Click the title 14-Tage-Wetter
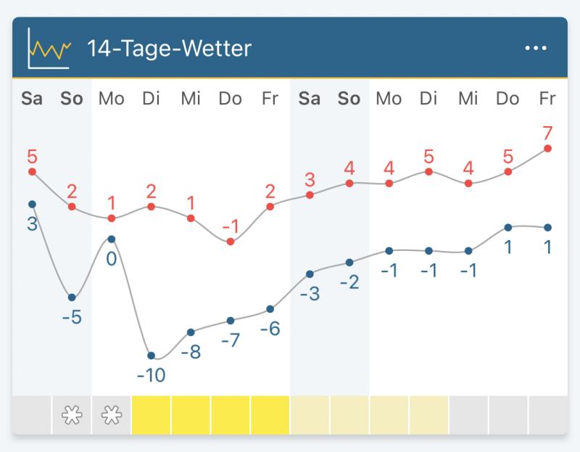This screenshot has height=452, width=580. pyautogui.click(x=169, y=49)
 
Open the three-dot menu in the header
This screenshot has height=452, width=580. pyautogui.click(x=536, y=48)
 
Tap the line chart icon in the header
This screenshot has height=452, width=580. pyautogui.click(x=49, y=49)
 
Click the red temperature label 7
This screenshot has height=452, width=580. pyautogui.click(x=547, y=133)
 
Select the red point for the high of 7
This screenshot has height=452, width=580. pyautogui.click(x=547, y=148)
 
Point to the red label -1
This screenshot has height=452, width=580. pyautogui.click(x=230, y=226)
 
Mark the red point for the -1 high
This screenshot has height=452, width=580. pyautogui.click(x=231, y=241)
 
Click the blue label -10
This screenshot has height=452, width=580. pyautogui.click(x=151, y=375)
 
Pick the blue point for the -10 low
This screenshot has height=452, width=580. pyautogui.click(x=151, y=356)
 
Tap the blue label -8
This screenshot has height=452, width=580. pyautogui.click(x=191, y=352)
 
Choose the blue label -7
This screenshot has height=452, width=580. pyautogui.click(x=230, y=340)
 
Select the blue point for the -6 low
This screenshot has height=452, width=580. pyautogui.click(x=270, y=309)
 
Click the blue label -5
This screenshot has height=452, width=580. pyautogui.click(x=72, y=317)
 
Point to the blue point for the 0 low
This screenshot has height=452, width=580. pyautogui.click(x=112, y=239)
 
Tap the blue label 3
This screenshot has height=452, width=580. pyautogui.click(x=32, y=224)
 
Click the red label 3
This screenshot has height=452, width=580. pyautogui.click(x=310, y=180)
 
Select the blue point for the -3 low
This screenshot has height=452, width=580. pyautogui.click(x=310, y=274)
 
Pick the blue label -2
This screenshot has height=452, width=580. pyautogui.click(x=349, y=282)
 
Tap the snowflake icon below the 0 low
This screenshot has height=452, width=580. pyautogui.click(x=112, y=416)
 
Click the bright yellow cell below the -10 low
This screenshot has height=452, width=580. pyautogui.click(x=151, y=416)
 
